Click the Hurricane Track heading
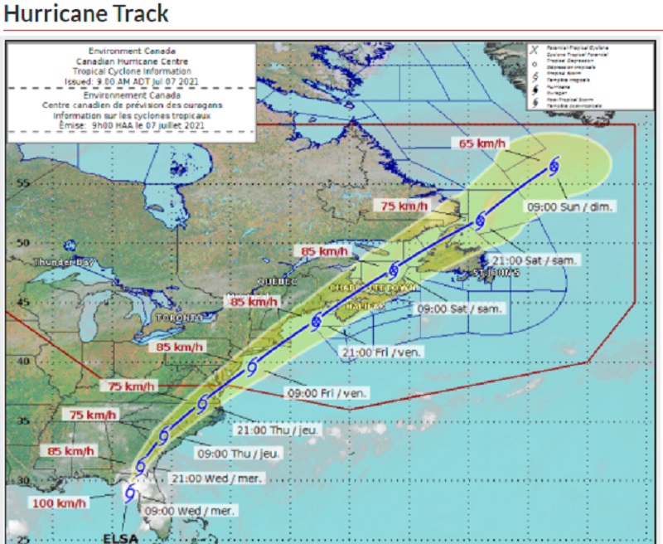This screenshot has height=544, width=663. [x=86, y=13]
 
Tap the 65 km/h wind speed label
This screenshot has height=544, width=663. [x=482, y=143]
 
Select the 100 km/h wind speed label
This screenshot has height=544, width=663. [x=59, y=503]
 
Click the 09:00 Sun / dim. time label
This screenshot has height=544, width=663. [x=571, y=205]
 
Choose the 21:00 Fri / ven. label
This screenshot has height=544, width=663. [x=381, y=352]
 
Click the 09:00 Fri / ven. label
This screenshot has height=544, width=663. [x=327, y=392]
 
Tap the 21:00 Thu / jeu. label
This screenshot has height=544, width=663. [x=277, y=430]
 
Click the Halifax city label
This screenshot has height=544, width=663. [x=366, y=306]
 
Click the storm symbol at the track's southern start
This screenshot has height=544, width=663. [x=129, y=493]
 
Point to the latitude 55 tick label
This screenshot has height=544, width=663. [x=23, y=183]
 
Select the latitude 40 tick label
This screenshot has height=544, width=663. [x=23, y=361]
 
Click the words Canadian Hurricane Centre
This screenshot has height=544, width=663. [x=132, y=61]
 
